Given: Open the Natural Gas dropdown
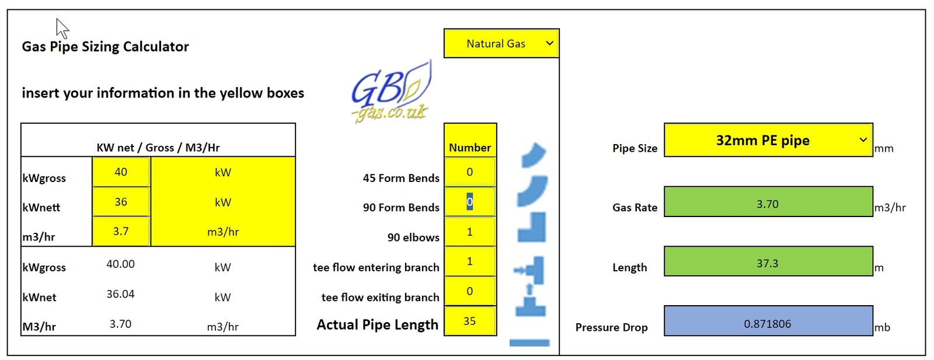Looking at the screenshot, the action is point(501,43).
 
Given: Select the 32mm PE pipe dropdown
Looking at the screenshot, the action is point(768,140).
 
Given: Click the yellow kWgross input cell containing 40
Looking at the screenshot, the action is point(121,172).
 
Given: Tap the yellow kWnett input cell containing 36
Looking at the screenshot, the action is point(121,202).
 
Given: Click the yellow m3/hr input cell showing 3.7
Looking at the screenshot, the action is point(121,231).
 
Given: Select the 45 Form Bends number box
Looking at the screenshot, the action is point(470,172).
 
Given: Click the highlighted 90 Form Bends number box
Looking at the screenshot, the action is point(470,202).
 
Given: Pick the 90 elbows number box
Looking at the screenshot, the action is point(470,232).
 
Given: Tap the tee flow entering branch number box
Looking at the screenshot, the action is point(470,261).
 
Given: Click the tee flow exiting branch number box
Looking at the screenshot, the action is point(470,291).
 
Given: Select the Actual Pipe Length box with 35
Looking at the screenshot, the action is point(470,321).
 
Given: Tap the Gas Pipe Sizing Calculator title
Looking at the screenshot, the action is point(105,47).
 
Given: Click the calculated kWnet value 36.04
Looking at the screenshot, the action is point(120,294).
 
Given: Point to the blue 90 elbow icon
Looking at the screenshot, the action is point(532,228).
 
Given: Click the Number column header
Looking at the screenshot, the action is point(470,148).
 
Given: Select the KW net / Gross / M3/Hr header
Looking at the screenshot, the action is point(158,148).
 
